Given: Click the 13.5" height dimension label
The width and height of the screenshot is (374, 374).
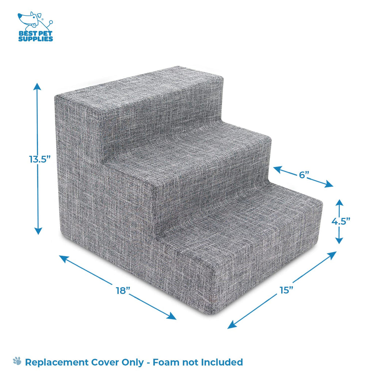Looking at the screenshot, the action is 40,159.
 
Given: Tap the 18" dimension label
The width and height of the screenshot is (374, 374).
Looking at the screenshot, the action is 123,290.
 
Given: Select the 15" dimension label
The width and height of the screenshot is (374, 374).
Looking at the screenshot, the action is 286,290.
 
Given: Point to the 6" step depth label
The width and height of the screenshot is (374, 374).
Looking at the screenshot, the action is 304,175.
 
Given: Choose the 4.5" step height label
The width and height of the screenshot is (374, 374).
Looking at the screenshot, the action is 341,221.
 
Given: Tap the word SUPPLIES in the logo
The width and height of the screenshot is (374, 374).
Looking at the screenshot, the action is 35,39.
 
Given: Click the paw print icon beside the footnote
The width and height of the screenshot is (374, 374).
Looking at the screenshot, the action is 17,361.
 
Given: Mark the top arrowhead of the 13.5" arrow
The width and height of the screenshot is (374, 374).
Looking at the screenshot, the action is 37,86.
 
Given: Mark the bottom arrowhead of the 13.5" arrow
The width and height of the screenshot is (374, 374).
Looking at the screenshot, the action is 38,231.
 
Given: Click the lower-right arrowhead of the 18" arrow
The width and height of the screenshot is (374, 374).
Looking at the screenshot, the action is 172,316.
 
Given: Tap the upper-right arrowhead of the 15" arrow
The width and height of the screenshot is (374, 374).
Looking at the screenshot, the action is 332,255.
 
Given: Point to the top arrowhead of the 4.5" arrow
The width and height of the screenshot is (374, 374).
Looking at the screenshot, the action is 339,202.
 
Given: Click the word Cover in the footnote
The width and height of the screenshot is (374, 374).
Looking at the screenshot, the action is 106,362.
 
